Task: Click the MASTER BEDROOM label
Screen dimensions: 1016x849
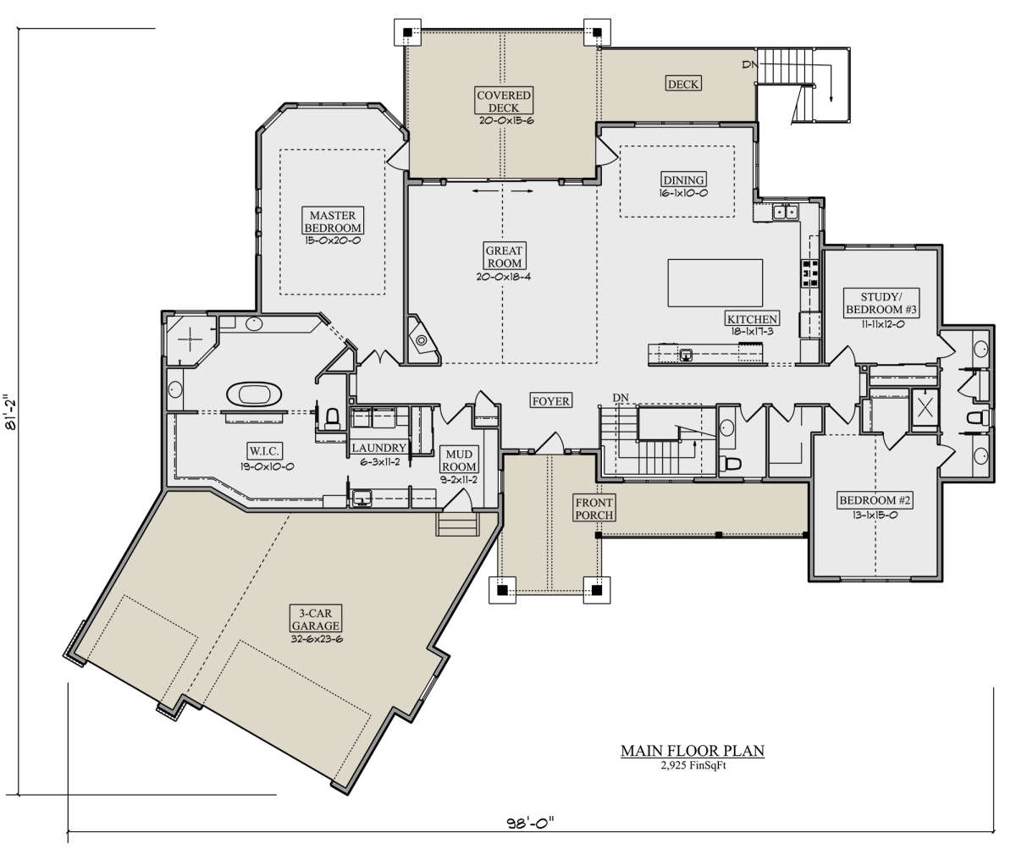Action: pyautogui.click(x=334, y=222)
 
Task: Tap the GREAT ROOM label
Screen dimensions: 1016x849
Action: pyautogui.click(x=504, y=256)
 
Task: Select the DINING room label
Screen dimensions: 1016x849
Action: pyautogui.click(x=683, y=179)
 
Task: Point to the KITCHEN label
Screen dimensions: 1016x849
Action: pyautogui.click(x=752, y=319)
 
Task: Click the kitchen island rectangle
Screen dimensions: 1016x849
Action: pyautogui.click(x=715, y=283)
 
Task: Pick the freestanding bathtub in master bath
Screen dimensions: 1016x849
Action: pyautogui.click(x=254, y=394)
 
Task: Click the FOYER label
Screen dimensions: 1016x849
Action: pyautogui.click(x=550, y=401)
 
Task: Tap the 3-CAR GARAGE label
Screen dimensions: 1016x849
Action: pyautogui.click(x=315, y=619)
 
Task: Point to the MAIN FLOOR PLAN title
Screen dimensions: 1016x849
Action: pyautogui.click(x=693, y=751)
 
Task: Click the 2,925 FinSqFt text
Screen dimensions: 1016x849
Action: pyautogui.click(x=693, y=765)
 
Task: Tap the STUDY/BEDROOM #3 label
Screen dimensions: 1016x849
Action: pyautogui.click(x=881, y=303)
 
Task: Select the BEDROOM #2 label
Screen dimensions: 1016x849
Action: pyautogui.click(x=875, y=500)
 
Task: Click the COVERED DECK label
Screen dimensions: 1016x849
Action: pyautogui.click(x=504, y=101)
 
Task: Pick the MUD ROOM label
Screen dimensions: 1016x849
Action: pyautogui.click(x=459, y=460)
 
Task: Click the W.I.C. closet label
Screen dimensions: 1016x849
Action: pyautogui.click(x=264, y=451)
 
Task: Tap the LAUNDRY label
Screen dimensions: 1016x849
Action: pyautogui.click(x=379, y=448)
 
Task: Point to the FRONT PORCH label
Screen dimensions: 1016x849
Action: pyautogui.click(x=594, y=509)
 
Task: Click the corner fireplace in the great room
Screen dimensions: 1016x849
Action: pyautogui.click(x=422, y=339)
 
